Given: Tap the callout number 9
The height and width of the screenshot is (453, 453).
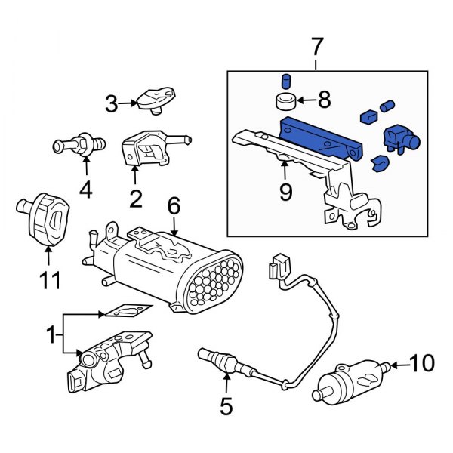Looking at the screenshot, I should [x=285, y=193].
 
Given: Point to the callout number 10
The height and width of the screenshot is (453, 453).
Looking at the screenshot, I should [x=424, y=364].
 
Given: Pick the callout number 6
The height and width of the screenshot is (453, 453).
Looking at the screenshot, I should [x=174, y=205].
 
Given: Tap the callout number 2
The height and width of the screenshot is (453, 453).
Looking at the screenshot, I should [x=135, y=199].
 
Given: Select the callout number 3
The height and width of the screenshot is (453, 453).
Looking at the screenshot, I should [x=112, y=103].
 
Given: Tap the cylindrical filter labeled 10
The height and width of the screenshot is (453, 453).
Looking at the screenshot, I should [x=353, y=376].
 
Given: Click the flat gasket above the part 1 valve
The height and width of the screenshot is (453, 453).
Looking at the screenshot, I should [x=125, y=310].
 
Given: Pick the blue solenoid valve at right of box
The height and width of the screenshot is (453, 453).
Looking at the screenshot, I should [x=398, y=138].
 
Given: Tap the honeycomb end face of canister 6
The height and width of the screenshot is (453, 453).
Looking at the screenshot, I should [x=218, y=285].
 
